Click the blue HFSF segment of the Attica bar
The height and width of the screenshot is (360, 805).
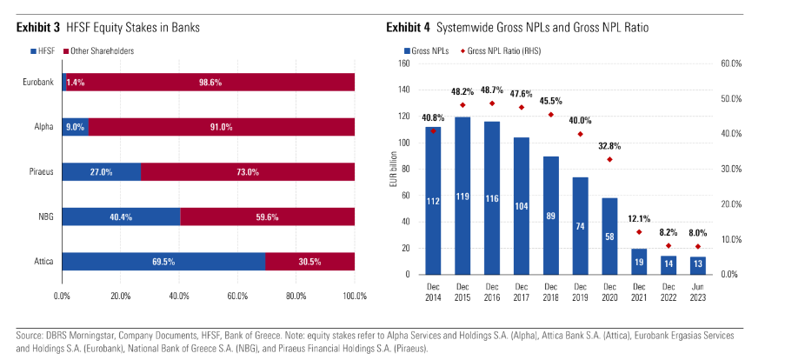pyautogui.click(x=163, y=261)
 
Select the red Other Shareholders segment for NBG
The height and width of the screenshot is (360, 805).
pyautogui.click(x=267, y=216)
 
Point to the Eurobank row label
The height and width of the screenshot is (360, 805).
pyautogui.click(x=39, y=82)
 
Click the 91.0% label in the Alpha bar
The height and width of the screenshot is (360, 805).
pyautogui.click(x=221, y=127)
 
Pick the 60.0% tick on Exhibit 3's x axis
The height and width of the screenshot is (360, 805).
pyautogui.click(x=237, y=296)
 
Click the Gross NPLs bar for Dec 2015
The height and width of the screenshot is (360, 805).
pyautogui.click(x=462, y=196)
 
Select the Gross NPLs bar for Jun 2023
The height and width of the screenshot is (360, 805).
pyautogui.click(x=698, y=265)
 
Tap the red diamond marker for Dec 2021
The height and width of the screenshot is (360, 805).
pyautogui.click(x=639, y=232)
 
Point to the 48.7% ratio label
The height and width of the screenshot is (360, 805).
pyautogui.click(x=492, y=90)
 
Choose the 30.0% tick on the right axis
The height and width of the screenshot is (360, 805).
pyautogui.click(x=730, y=169)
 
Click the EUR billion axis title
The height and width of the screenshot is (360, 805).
pyautogui.click(x=394, y=169)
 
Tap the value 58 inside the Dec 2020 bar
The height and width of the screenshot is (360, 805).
pyautogui.click(x=609, y=237)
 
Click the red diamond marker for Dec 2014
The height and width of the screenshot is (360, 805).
pyautogui.click(x=434, y=131)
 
